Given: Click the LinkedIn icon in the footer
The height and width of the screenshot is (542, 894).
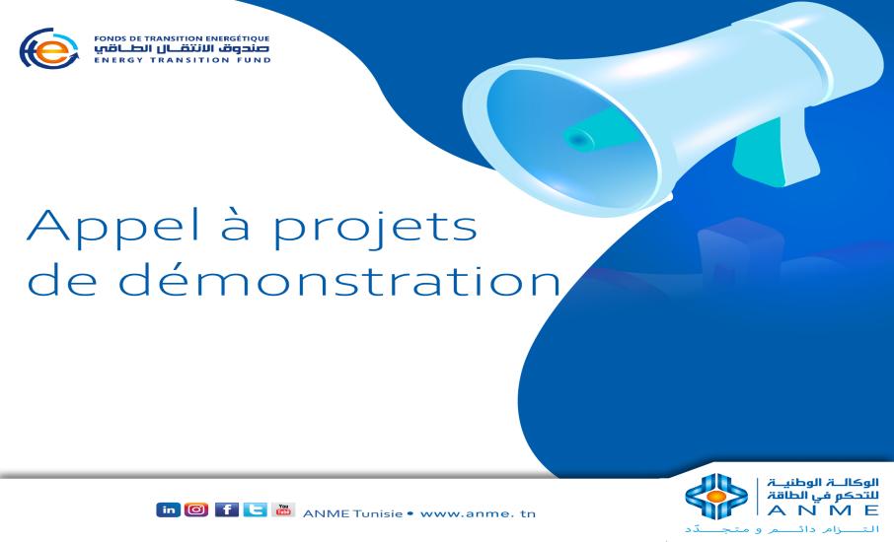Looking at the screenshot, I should click(167, 509).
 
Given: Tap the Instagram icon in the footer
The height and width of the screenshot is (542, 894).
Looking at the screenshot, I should click(195, 509).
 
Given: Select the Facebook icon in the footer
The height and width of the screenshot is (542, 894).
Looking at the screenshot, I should click(226, 509).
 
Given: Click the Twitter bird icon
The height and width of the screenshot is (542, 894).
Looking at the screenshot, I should click(254, 509).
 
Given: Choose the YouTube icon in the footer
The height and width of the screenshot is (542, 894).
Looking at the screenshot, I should click(283, 509).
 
